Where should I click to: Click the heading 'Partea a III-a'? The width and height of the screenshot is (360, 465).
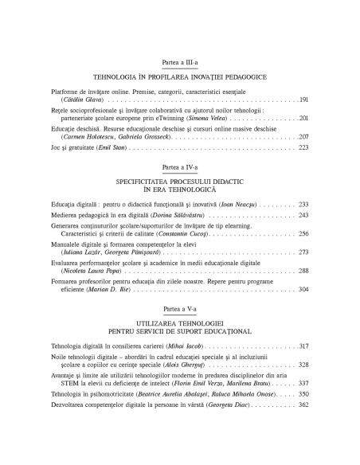coord(179,62)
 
